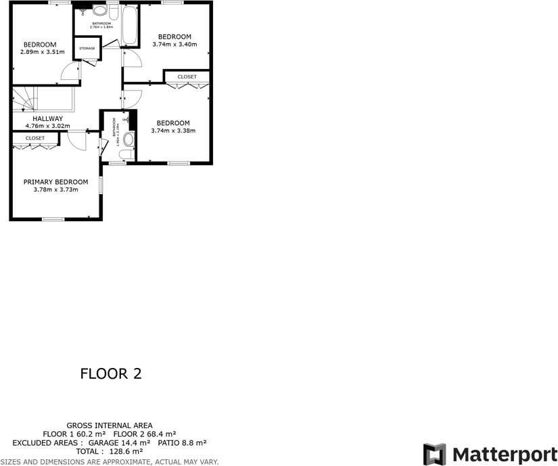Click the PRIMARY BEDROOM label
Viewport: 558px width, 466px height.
coord(55,182)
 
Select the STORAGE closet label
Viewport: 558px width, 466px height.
coord(87,49)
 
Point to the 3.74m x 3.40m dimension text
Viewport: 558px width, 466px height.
coord(175,45)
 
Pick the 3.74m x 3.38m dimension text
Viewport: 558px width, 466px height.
coord(173,131)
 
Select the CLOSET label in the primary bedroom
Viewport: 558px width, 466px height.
coord(35,138)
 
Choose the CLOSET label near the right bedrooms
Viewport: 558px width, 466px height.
coord(187,77)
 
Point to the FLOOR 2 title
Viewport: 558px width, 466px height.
coord(111,373)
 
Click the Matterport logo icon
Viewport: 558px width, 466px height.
coord(435,453)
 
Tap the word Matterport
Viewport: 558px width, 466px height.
coord(505,453)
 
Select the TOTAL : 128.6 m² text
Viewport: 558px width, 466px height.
coord(110,451)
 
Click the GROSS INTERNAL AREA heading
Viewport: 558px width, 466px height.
coord(110,425)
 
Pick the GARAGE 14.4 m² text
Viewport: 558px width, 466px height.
coord(126,442)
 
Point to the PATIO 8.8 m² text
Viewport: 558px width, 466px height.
coord(182,442)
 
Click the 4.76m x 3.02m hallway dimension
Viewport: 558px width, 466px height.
coord(47,126)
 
